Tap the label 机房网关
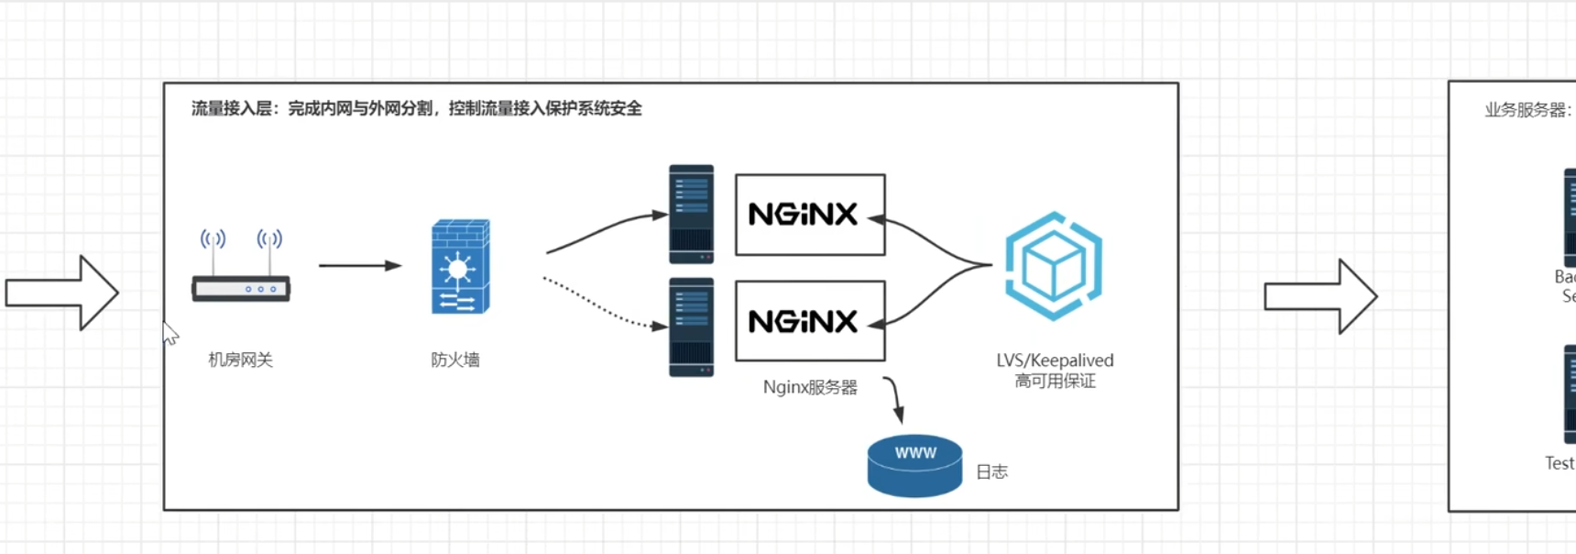(240, 360)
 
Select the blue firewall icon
(461, 267)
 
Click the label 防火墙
(455, 360)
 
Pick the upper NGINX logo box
(810, 215)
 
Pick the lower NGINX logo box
(810, 321)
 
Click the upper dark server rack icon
(691, 214)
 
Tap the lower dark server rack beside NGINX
(691, 327)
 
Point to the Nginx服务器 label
(810, 387)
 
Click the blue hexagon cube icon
(1054, 266)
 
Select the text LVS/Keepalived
(1055, 360)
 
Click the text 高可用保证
(1055, 381)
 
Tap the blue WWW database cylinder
(914, 466)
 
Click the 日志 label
(991, 471)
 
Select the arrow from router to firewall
(359, 266)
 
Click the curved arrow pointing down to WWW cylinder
(895, 398)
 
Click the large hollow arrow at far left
(62, 293)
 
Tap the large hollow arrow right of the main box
(1320, 296)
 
